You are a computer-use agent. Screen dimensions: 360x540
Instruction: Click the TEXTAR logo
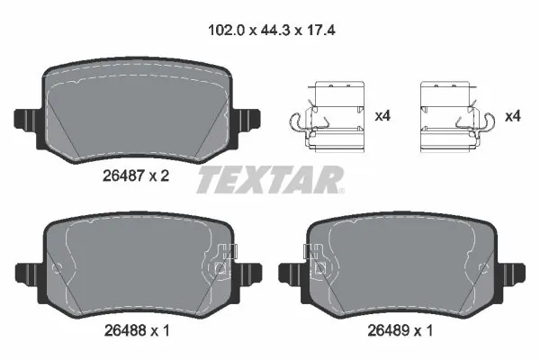click(269, 179)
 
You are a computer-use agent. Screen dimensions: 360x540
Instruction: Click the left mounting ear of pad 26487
click(24, 119)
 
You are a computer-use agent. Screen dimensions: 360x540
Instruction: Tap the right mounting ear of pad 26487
click(248, 119)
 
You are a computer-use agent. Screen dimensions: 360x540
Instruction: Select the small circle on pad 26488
click(58, 267)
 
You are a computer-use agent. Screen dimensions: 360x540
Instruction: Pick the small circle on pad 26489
click(482, 267)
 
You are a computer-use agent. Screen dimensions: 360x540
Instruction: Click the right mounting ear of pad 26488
click(250, 270)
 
